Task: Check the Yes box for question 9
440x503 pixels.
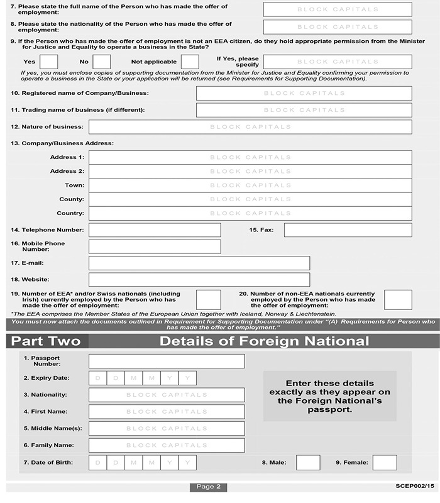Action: click(48, 62)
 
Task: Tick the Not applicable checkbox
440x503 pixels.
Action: click(190, 62)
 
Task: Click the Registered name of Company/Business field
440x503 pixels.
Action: click(304, 93)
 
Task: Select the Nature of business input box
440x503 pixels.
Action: click(250, 127)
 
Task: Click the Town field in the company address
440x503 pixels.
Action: click(250, 185)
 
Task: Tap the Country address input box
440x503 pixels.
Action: click(250, 214)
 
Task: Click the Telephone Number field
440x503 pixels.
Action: click(155, 230)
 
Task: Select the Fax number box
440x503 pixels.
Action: click(348, 230)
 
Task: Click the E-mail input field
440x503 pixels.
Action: click(199, 263)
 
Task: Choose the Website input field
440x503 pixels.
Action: click(199, 279)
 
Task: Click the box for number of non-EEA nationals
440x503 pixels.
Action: click(398, 300)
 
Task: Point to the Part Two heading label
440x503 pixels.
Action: click(47, 341)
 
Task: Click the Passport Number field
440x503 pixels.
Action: click(167, 361)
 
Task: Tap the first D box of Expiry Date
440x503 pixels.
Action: click(98, 378)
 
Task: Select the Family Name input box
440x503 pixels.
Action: click(167, 445)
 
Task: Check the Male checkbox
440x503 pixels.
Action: click(308, 463)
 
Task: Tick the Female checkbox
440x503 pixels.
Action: click(385, 463)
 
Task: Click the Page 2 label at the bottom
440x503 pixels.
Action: click(208, 487)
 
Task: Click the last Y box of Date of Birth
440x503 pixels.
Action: click(188, 463)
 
